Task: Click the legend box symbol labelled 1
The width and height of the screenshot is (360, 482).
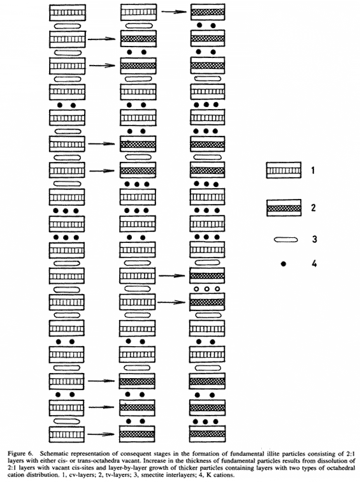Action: pos(284,170)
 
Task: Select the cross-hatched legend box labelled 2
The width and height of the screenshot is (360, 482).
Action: pos(284,208)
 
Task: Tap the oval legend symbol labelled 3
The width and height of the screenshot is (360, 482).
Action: pos(285,240)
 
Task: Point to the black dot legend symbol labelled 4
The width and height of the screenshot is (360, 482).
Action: pos(284,263)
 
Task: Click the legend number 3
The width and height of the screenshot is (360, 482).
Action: pos(314,239)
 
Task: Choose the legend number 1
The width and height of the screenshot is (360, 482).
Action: pos(313,170)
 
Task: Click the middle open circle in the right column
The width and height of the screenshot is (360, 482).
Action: pos(206,289)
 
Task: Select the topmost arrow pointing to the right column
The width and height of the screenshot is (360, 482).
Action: pos(174,12)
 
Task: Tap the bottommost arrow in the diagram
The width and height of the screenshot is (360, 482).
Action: pos(101,434)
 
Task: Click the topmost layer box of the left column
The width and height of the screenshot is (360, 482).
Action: pos(68,13)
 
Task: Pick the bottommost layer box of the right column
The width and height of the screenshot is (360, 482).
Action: pos(207,434)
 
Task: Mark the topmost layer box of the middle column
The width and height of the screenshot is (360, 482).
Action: pos(138,12)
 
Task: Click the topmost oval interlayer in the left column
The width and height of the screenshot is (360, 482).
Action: pos(68,26)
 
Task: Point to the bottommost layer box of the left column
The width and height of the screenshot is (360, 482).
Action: pos(67,434)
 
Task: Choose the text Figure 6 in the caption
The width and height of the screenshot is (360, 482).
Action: pos(20,454)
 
